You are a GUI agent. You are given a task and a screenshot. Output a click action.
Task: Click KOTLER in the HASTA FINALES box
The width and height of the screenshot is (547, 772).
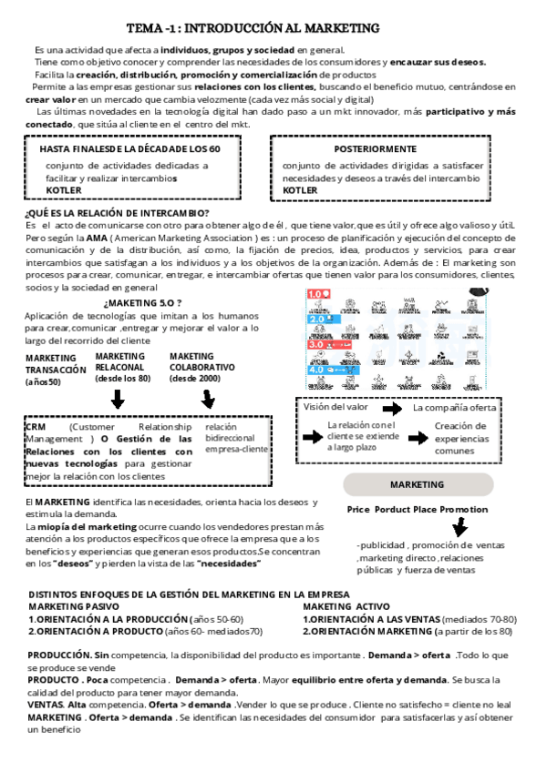(x=64, y=190)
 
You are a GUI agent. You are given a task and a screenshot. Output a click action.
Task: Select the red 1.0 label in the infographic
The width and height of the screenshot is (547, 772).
(x=318, y=294)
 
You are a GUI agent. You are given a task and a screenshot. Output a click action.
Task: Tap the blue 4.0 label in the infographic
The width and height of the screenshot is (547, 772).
(x=318, y=371)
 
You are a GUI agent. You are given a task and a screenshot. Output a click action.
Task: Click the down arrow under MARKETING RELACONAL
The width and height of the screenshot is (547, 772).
(x=118, y=400)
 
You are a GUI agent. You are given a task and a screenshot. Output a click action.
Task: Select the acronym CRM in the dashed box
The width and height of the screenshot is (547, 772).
(x=37, y=426)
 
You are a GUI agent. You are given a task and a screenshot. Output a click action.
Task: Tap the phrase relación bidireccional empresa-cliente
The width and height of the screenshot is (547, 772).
(x=236, y=438)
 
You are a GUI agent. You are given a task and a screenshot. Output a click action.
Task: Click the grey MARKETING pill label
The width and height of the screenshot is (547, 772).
(x=418, y=484)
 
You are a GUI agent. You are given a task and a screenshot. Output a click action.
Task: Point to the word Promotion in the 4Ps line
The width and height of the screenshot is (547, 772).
(x=464, y=510)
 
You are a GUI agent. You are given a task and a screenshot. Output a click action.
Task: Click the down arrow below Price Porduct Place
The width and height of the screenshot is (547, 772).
(x=460, y=527)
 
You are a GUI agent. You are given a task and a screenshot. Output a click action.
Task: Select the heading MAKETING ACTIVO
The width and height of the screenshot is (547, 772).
(x=346, y=606)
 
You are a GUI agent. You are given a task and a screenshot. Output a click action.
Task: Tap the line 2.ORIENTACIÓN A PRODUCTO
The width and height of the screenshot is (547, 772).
(x=145, y=630)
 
